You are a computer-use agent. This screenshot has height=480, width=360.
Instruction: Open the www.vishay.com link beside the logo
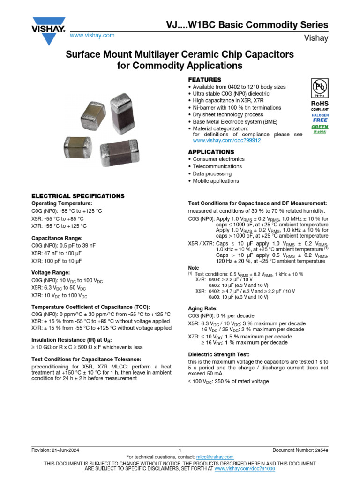point(92,36)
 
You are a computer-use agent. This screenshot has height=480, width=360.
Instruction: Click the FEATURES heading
point(204,80)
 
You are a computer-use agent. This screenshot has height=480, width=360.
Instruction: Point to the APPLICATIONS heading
point(211,152)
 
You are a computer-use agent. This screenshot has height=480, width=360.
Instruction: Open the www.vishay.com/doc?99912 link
point(227,140)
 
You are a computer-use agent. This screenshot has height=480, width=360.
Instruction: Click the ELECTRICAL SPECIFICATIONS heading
point(78,196)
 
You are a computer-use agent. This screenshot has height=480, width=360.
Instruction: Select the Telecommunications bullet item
point(217,166)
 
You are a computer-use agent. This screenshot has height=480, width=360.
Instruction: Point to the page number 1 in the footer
point(180,451)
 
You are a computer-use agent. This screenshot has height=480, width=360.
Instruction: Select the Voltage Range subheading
point(50,272)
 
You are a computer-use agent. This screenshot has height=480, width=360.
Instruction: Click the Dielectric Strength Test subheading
point(218,354)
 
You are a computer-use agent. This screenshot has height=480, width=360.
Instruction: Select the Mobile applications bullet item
point(216,181)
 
